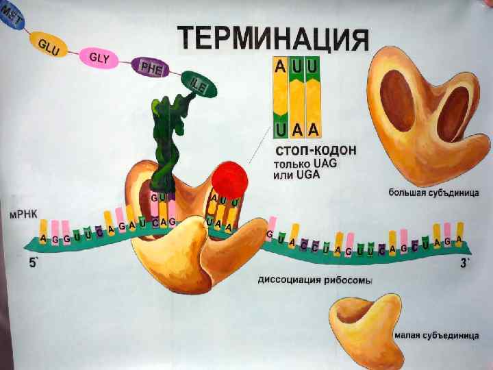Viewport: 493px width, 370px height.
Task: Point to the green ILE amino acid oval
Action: pyautogui.click(x=199, y=86)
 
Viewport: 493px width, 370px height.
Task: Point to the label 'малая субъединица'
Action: pyautogui.click(x=431, y=336)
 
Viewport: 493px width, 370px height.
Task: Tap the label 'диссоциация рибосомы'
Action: pyautogui.click(x=316, y=280)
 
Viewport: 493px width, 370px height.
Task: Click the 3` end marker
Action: pyautogui.click(x=464, y=263)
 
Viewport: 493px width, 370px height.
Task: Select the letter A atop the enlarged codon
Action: pyautogui.click(x=281, y=67)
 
